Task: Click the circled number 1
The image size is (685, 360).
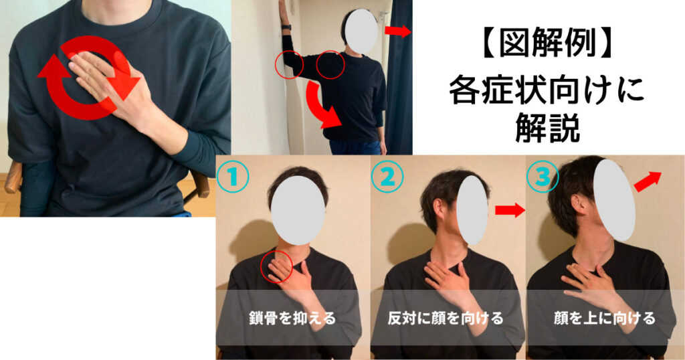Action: point(233,177)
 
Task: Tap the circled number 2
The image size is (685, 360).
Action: point(387,177)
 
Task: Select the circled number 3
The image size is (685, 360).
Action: point(543,177)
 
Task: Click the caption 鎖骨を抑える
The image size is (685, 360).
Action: point(292,318)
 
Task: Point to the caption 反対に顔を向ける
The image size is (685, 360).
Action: point(445,318)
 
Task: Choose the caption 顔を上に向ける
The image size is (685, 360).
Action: point(605,318)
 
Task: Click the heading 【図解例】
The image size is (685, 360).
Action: point(548,45)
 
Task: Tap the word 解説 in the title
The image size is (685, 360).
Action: point(548,128)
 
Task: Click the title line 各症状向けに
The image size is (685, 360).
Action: point(548,90)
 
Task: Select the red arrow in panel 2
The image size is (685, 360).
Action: point(510,210)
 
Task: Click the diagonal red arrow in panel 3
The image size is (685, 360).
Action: point(648,181)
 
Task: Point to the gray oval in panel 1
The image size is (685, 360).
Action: point(298,210)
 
